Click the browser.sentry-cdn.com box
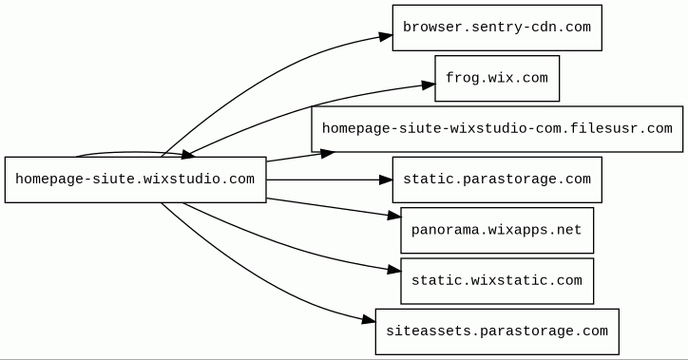pyautogui.click(x=497, y=28)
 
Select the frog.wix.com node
pyautogui.click(x=497, y=78)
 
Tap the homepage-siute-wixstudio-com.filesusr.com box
pyautogui.click(x=497, y=129)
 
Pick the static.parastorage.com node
pyautogui.click(x=497, y=180)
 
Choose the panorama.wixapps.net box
pyautogui.click(x=497, y=230)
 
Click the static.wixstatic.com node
pyautogui.click(x=497, y=281)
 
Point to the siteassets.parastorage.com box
pyautogui.click(x=497, y=332)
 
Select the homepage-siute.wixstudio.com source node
pyautogui.click(x=136, y=180)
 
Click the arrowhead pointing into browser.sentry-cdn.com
pyautogui.click(x=386, y=36)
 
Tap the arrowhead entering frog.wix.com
pyautogui.click(x=429, y=85)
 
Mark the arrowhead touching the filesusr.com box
pyautogui.click(x=328, y=154)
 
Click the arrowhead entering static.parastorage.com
pyautogui.click(x=386, y=180)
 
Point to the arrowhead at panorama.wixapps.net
pyautogui.click(x=394, y=215)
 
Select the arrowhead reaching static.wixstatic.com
pyautogui.click(x=394, y=270)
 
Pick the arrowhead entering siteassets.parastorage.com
pyautogui.click(x=369, y=320)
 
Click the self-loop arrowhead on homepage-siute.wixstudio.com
pyautogui.click(x=188, y=154)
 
